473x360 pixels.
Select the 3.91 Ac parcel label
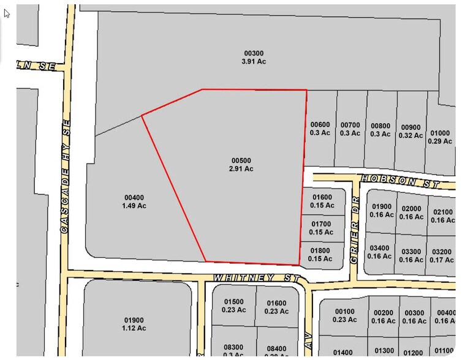[x=254, y=57]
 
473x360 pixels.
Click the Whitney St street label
[x=257, y=278]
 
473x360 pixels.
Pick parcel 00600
[x=320, y=129]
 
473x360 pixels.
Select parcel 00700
[x=350, y=129]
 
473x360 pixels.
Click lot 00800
[x=380, y=130]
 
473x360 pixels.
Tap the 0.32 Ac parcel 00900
[x=411, y=131]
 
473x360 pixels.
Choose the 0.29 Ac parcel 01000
[x=440, y=137]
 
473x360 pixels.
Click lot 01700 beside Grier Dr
[x=321, y=228]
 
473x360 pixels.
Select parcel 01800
[x=320, y=255]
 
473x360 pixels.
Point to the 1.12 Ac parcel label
[x=134, y=324]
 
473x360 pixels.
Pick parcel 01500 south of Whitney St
[x=233, y=306]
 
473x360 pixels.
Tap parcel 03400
[x=380, y=252]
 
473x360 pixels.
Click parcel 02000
[x=411, y=212]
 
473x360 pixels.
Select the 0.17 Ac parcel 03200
[x=442, y=255]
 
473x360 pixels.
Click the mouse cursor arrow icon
[x=7, y=13]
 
